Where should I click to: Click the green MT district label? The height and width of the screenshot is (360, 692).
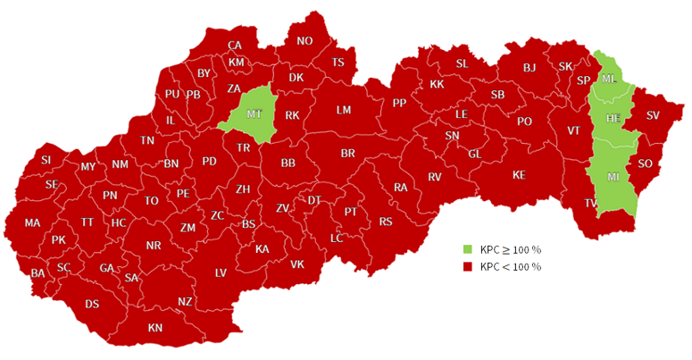254,113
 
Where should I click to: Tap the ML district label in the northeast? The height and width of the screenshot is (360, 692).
609,79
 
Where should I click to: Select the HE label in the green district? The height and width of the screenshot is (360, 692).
613,118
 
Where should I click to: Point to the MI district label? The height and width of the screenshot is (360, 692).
613,177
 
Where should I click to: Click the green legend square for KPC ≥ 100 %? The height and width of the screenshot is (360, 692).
467,249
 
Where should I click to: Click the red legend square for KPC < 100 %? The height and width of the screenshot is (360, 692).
467,267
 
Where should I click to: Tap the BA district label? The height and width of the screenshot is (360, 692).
38,272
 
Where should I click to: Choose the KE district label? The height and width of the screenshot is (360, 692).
519,174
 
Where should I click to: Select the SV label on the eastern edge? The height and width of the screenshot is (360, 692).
653,115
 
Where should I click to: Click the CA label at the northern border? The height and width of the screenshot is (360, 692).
235,46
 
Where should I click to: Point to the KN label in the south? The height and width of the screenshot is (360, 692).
155,328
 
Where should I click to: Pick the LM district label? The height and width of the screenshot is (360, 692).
344,110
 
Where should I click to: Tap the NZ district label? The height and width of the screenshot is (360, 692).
185,301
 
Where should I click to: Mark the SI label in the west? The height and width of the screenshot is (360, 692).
46,160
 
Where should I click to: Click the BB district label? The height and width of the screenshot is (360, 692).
288,163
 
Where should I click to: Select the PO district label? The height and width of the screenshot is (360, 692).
524,121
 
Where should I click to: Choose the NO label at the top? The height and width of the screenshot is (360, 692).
304,40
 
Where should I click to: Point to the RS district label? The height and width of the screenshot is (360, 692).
386,222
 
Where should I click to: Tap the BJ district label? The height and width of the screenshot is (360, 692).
529,67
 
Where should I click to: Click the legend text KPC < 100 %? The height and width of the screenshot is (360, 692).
510,267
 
